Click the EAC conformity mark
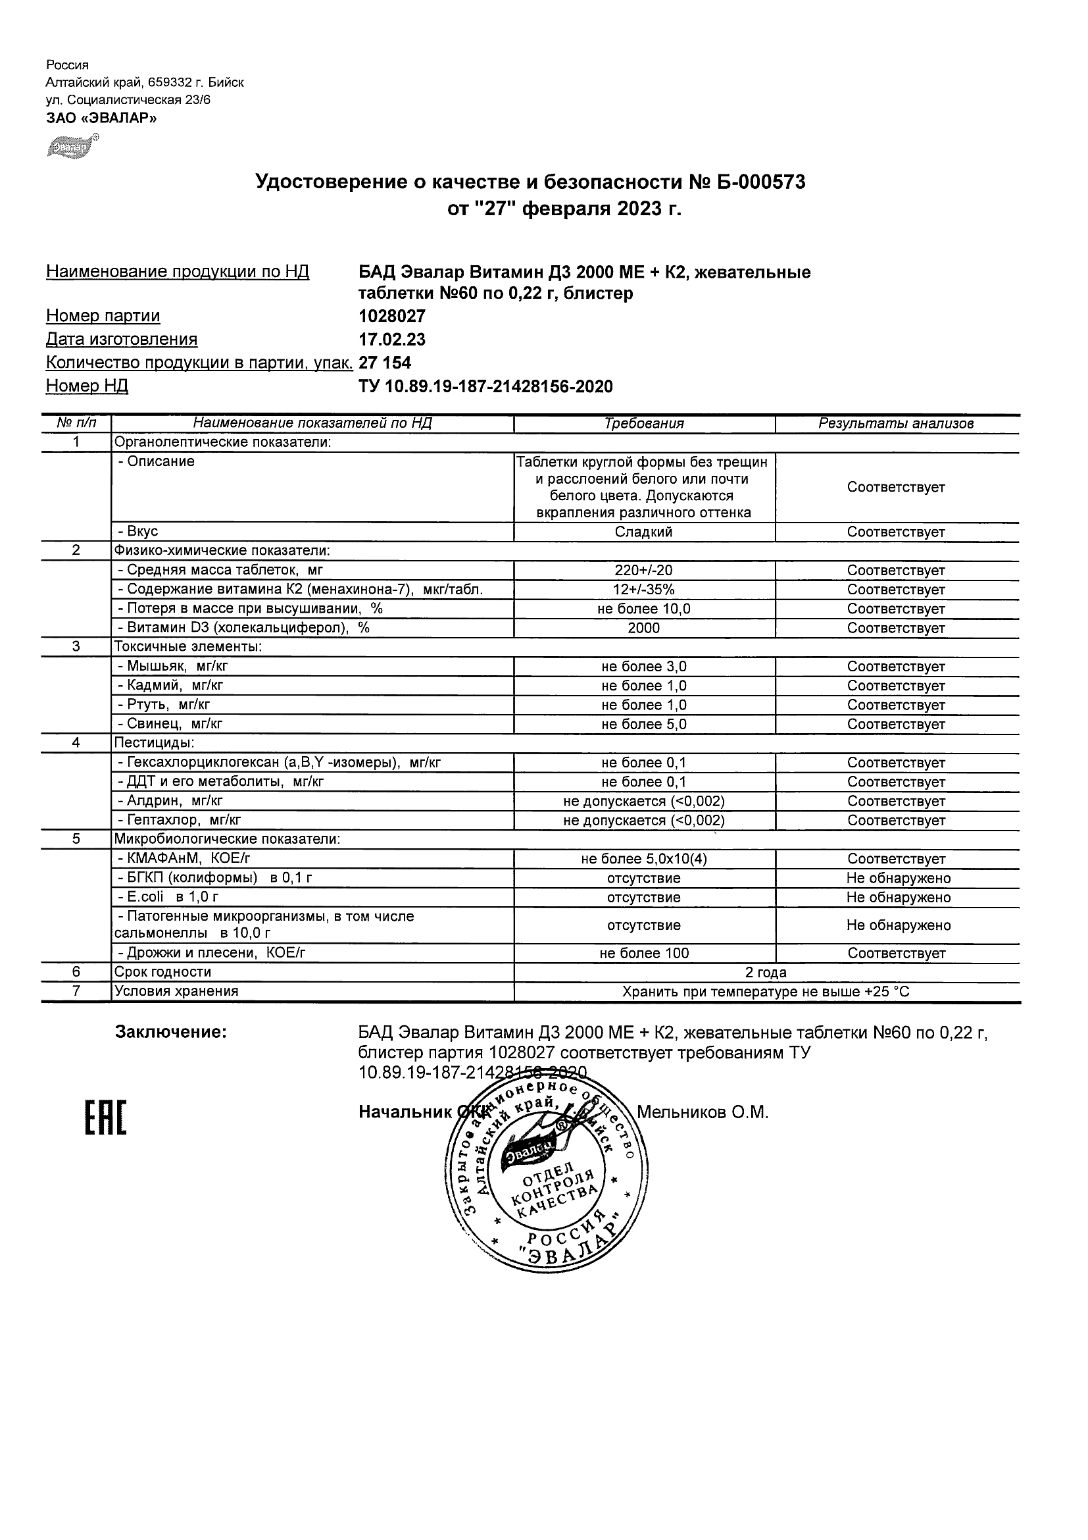coord(105,1118)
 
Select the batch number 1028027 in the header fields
coord(392,316)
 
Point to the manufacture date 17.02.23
coord(392,340)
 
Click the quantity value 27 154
coord(385,363)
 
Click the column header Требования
coord(643,423)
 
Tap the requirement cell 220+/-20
coord(643,570)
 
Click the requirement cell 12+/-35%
coord(643,590)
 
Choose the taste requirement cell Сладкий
coord(643,532)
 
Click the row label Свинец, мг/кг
coord(170,724)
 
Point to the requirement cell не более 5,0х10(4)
coord(643,859)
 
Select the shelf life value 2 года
coord(766,972)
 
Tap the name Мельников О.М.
coord(702,1112)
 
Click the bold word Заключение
coord(171,1032)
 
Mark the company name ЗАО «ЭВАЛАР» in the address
coord(101,118)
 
